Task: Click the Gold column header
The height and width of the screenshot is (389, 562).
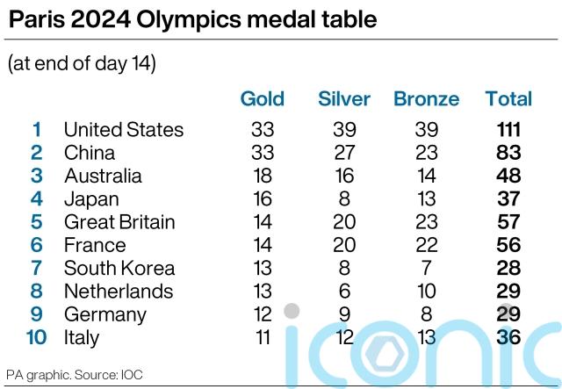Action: (262, 98)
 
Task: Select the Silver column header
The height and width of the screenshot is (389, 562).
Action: (344, 98)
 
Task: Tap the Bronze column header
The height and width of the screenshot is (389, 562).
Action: (426, 98)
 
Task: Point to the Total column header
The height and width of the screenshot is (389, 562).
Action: (508, 98)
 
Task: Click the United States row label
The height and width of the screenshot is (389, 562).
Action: (124, 130)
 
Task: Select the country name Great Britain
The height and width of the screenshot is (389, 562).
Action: (119, 222)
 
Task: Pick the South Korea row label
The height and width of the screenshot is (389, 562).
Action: (119, 268)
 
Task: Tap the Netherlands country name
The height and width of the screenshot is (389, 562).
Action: (119, 291)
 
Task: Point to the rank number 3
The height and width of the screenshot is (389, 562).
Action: (37, 176)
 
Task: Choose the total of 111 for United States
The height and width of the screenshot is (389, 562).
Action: (508, 130)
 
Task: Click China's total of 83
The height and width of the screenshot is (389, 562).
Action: (508, 153)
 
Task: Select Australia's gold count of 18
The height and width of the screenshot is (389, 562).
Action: (262, 176)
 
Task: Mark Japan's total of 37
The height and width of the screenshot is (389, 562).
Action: (508, 198)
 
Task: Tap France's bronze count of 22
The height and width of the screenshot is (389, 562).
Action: (426, 245)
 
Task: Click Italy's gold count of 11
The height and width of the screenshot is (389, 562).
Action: (262, 337)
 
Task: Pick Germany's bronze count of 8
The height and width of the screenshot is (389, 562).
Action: (426, 314)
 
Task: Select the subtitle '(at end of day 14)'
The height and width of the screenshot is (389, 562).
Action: (82, 64)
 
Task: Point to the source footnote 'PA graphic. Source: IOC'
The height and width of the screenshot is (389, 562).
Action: (67, 373)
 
